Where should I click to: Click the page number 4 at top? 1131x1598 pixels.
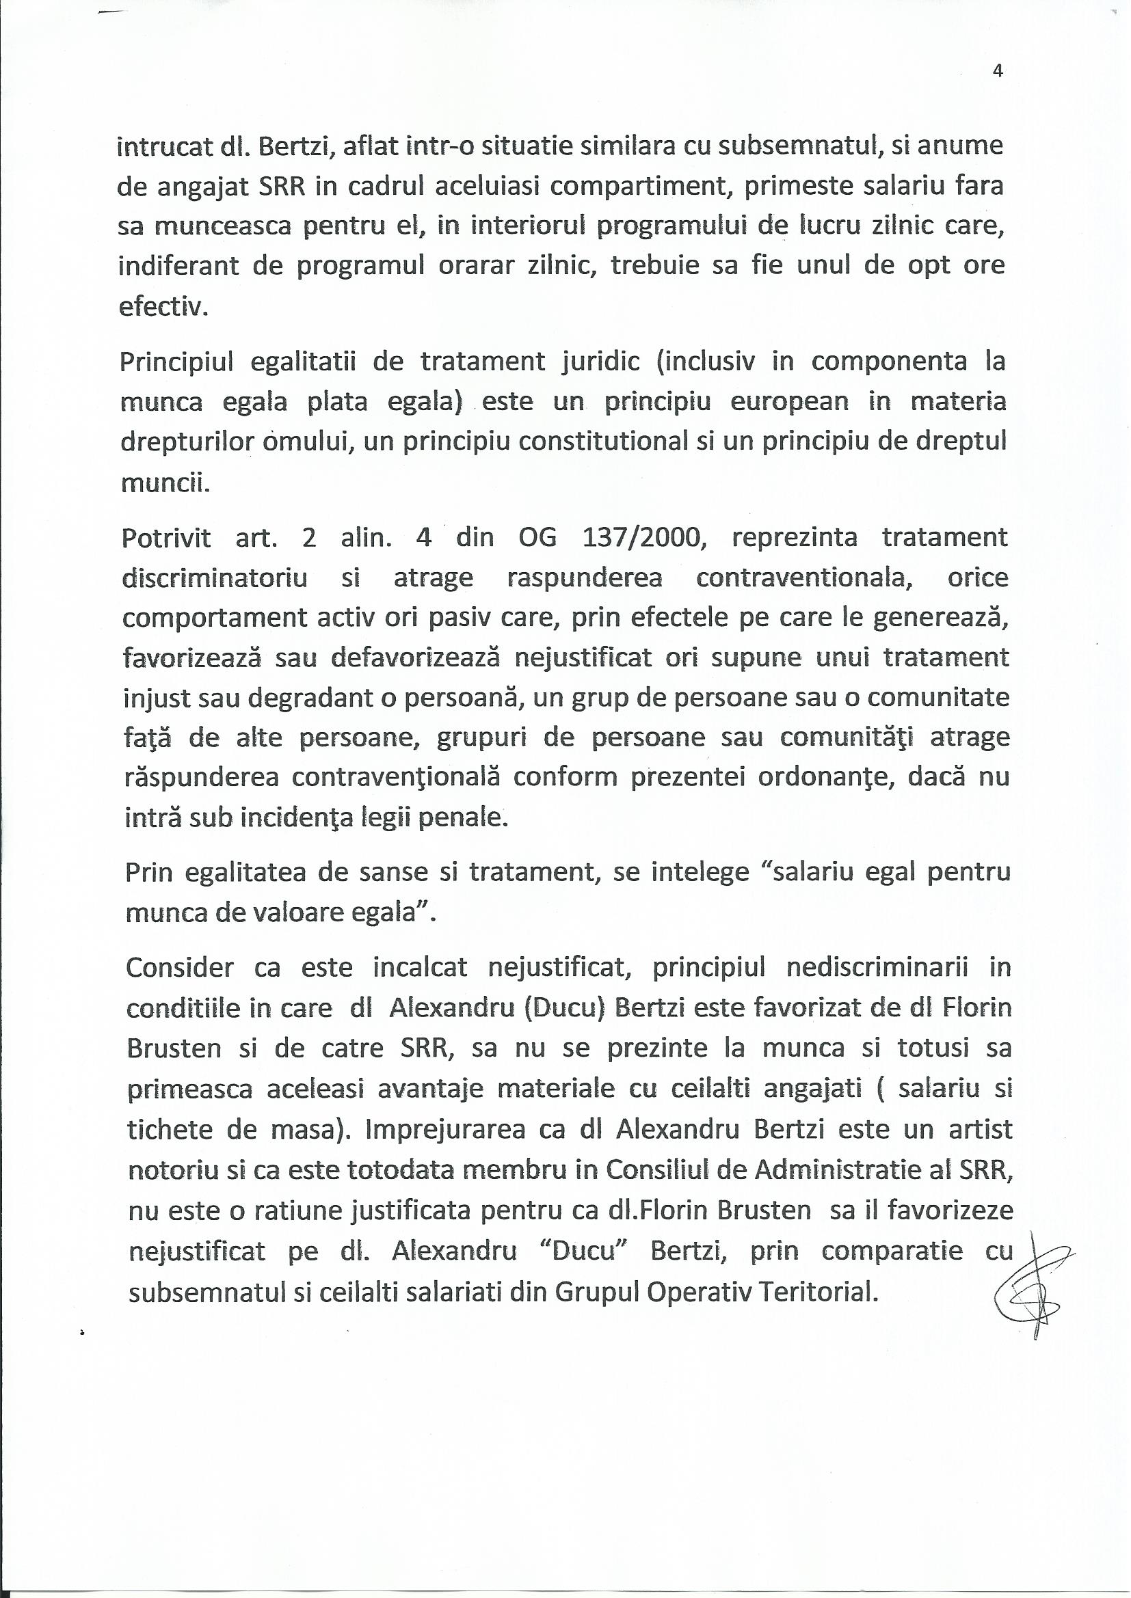pos(997,71)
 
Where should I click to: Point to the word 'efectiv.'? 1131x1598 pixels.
pos(163,306)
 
